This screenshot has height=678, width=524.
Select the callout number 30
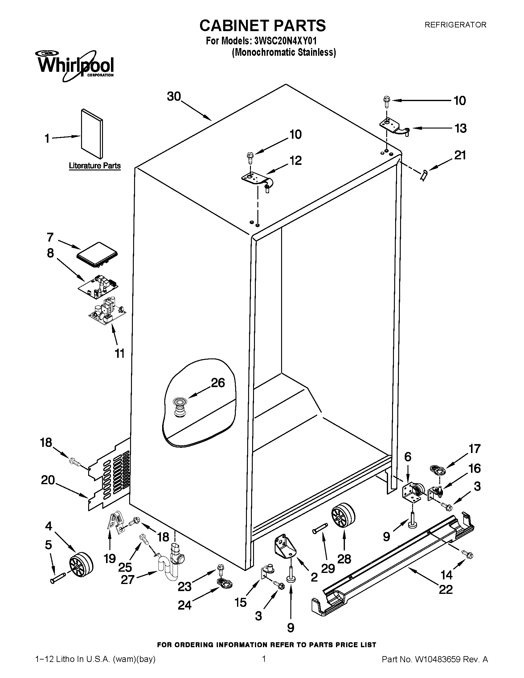point(174,96)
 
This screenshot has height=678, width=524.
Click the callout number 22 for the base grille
point(445,589)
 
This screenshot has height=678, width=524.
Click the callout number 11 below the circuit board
point(120,353)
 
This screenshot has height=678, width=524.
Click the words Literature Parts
point(95,166)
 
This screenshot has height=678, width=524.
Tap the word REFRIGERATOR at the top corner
point(455,25)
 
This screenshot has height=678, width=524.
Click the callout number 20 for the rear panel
point(48,480)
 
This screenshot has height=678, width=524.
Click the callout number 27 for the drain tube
point(127,580)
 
